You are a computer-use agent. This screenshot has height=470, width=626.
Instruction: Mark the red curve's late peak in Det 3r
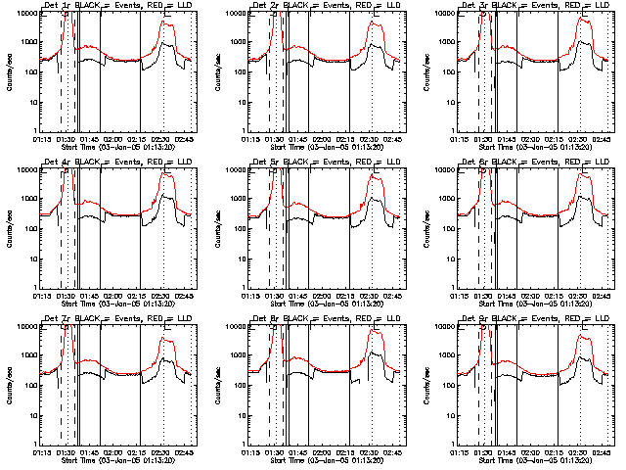[x=583, y=19]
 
